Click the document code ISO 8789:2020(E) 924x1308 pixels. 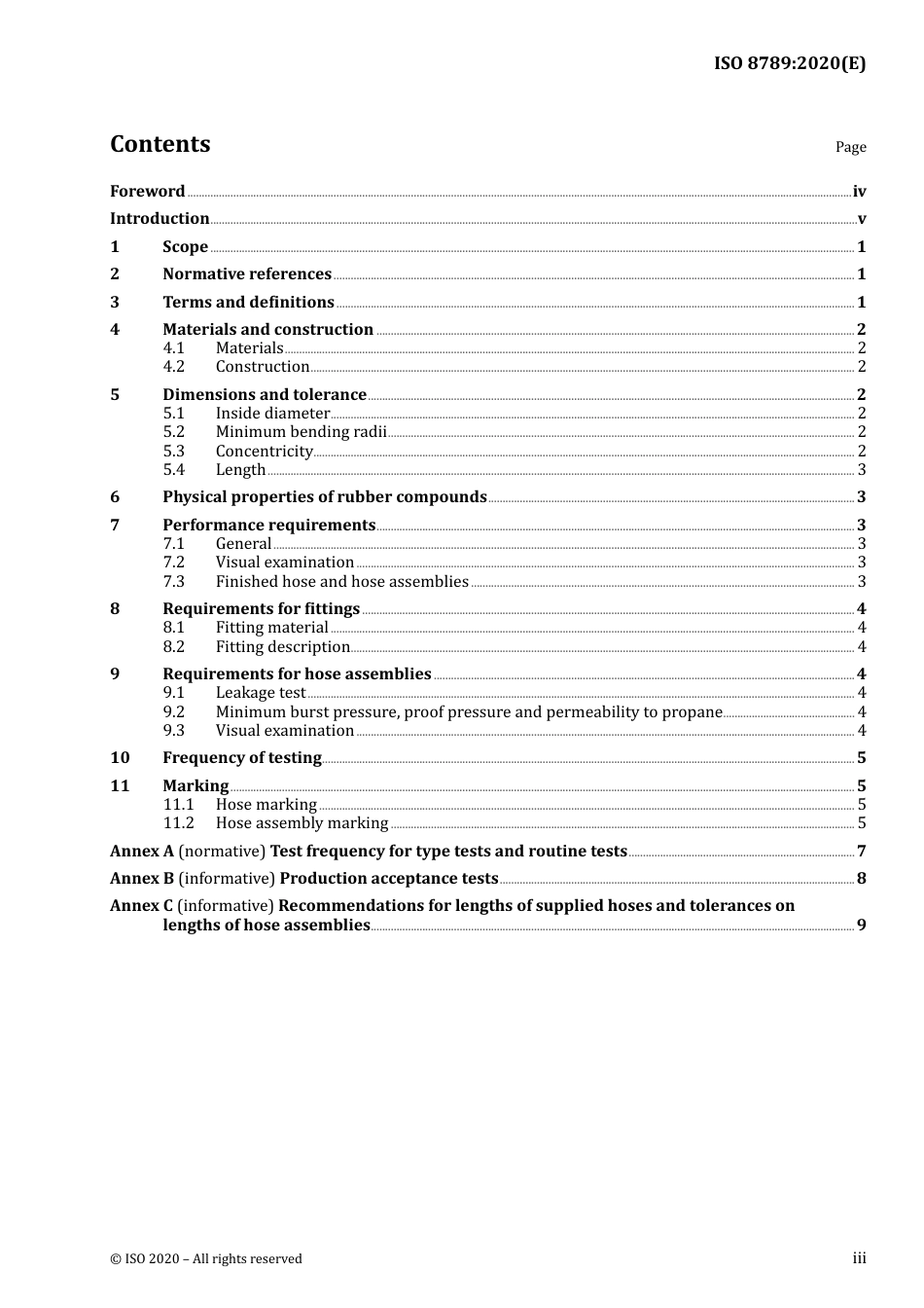click(x=789, y=64)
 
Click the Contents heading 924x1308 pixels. click(x=160, y=144)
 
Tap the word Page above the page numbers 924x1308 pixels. click(x=850, y=147)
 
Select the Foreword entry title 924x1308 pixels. click(x=147, y=192)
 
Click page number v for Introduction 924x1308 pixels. click(x=861, y=219)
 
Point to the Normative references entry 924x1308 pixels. click(x=246, y=274)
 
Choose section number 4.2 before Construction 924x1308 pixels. click(x=173, y=367)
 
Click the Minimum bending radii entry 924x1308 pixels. click(x=301, y=432)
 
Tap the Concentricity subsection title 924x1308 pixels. click(x=264, y=452)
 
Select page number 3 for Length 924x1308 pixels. click(x=861, y=470)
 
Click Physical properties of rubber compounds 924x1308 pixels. click(x=324, y=497)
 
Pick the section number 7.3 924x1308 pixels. click(x=173, y=582)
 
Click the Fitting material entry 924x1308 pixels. click(x=271, y=628)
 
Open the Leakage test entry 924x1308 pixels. click(x=260, y=693)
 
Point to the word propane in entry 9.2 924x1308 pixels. click(x=692, y=712)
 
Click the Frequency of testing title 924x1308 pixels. click(x=241, y=758)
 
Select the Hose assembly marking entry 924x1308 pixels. click(x=302, y=823)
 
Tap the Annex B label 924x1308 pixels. click(x=141, y=879)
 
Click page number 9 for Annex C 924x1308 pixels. click(x=861, y=926)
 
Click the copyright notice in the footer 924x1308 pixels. click(x=205, y=1258)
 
